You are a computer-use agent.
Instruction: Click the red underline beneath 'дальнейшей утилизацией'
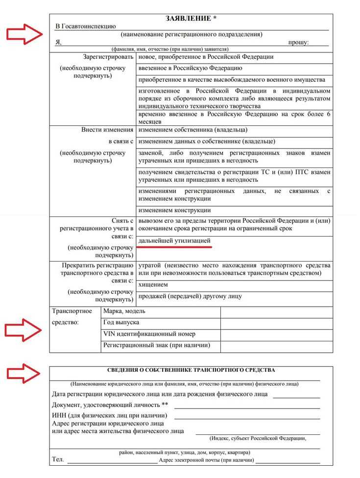tap(178, 248)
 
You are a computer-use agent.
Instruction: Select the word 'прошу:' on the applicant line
tap(298, 43)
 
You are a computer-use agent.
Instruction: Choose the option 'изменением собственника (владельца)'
tap(192, 130)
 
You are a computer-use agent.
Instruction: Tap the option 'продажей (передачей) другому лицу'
tap(190, 296)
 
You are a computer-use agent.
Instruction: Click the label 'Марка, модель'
tap(124, 311)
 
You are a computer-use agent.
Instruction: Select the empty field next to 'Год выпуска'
tap(276, 323)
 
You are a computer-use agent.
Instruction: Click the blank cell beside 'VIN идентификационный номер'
tap(276, 334)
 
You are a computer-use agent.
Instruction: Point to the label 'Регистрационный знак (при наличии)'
tap(156, 345)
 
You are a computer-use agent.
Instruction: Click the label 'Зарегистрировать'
tap(108, 57)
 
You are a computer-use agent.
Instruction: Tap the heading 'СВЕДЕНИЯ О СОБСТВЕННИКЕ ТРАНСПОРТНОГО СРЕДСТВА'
tap(191, 370)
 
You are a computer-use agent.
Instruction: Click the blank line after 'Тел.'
tap(112, 461)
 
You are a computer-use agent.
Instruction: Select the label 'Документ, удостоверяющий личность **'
tap(110, 405)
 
